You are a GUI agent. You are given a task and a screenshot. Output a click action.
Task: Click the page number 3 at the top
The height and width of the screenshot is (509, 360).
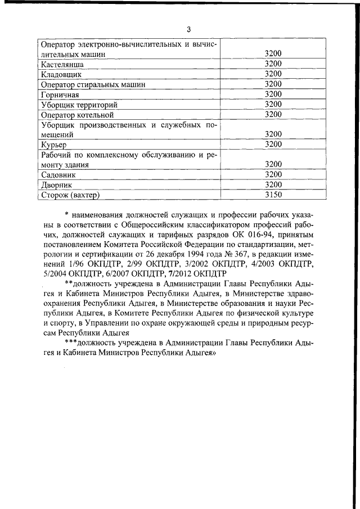pos(189,29)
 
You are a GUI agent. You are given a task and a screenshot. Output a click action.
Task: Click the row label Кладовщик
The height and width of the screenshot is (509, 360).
pos(61,74)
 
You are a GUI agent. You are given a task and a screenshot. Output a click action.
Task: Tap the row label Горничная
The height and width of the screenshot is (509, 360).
pos(60,94)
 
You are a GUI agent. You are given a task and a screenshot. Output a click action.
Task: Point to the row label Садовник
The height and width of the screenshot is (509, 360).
pos(59,175)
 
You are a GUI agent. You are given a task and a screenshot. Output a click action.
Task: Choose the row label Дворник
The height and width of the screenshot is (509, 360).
pos(57,185)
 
